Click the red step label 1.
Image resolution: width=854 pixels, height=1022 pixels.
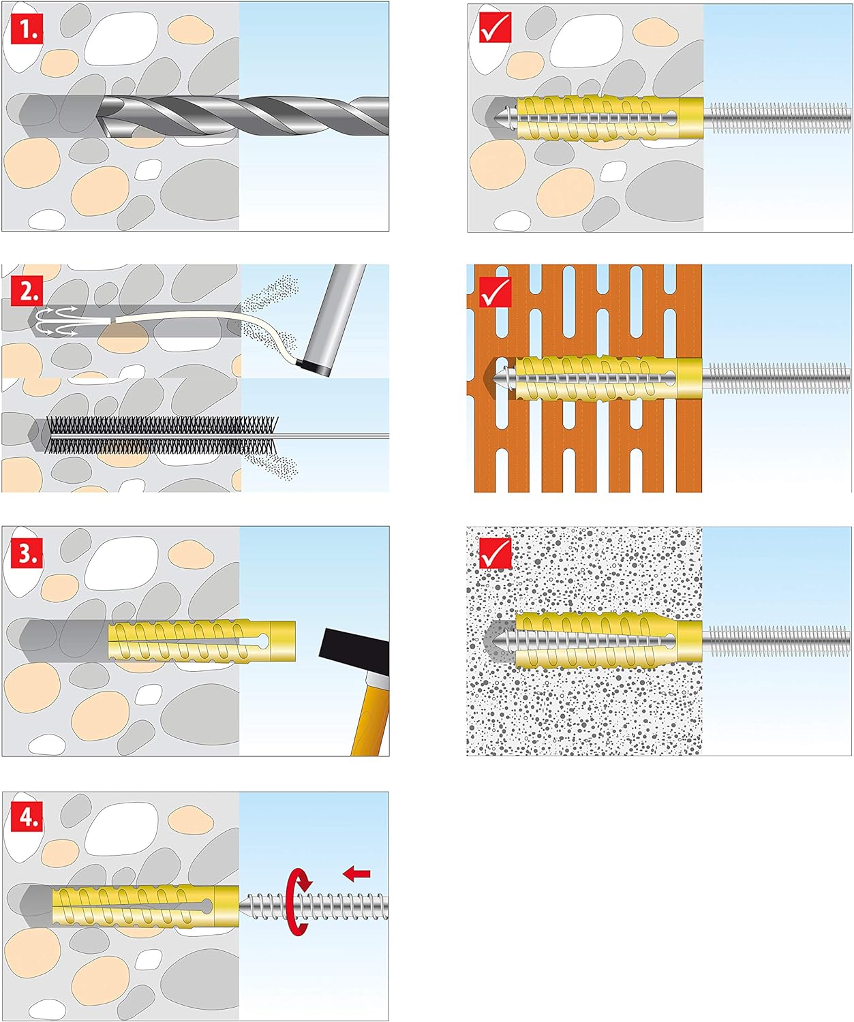tap(27, 30)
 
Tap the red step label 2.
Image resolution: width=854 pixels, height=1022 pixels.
tap(27, 291)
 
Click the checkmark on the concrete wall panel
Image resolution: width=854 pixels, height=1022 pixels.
tap(495, 28)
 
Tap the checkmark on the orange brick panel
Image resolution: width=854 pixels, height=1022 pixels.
tap(495, 292)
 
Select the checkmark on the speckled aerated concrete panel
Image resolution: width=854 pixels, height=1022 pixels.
tap(495, 553)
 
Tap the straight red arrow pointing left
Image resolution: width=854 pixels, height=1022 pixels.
tap(356, 873)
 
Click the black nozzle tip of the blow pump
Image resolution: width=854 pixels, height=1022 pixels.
tap(314, 368)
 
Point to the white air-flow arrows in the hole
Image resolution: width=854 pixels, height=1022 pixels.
tap(55, 321)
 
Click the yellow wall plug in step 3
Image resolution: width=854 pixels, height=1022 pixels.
tap(201, 640)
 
